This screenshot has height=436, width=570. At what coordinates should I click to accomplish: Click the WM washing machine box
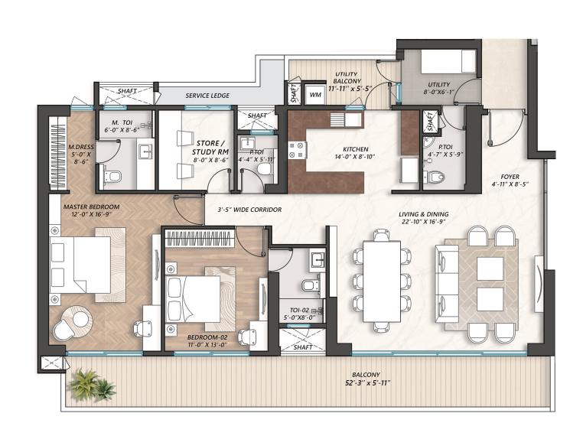[x=314, y=95]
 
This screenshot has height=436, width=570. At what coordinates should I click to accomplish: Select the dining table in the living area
[x=381, y=280]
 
